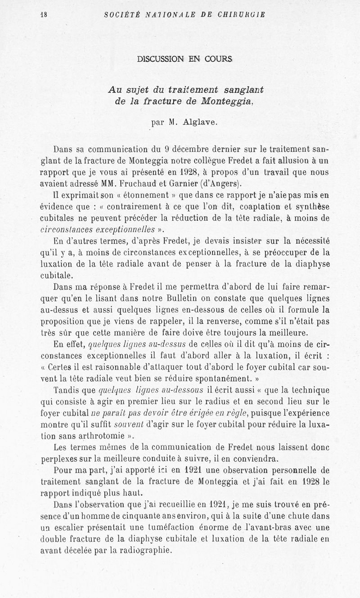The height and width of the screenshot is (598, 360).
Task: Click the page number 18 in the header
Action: (43, 14)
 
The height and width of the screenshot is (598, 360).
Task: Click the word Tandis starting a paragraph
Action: (67, 389)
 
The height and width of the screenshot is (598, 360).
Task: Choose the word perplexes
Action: (57, 459)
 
